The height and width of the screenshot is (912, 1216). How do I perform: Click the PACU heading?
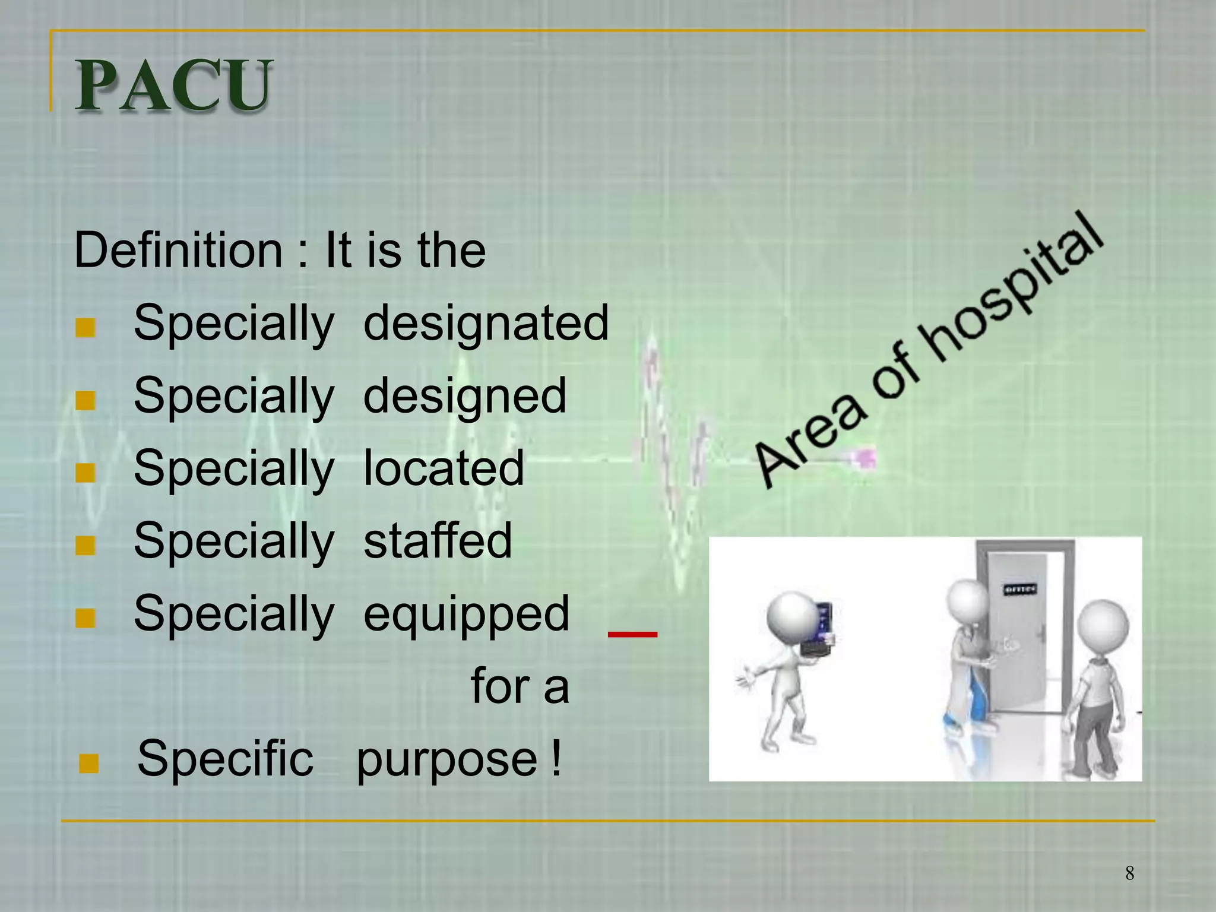pos(173,86)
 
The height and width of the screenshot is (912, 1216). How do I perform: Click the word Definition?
pos(178,251)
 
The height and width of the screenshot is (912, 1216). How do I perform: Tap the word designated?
pos(486,324)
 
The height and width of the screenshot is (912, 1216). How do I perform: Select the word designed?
pos(464,397)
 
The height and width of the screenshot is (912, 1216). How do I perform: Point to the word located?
pos(444,468)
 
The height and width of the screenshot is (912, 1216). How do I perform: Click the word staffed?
pos(438,541)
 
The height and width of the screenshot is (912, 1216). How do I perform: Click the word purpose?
pos(446,760)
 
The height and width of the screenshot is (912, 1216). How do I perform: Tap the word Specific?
pos(224,759)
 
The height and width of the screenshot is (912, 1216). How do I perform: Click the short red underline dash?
pos(632,635)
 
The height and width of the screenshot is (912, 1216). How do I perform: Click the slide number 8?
pos(1129,873)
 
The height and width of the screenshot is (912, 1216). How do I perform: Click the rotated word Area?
pos(810,439)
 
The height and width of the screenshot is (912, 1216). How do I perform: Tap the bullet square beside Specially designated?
pos(85,327)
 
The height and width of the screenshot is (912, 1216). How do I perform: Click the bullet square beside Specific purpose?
pos(88,764)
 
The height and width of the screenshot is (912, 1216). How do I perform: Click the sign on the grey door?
pos(1020,590)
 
